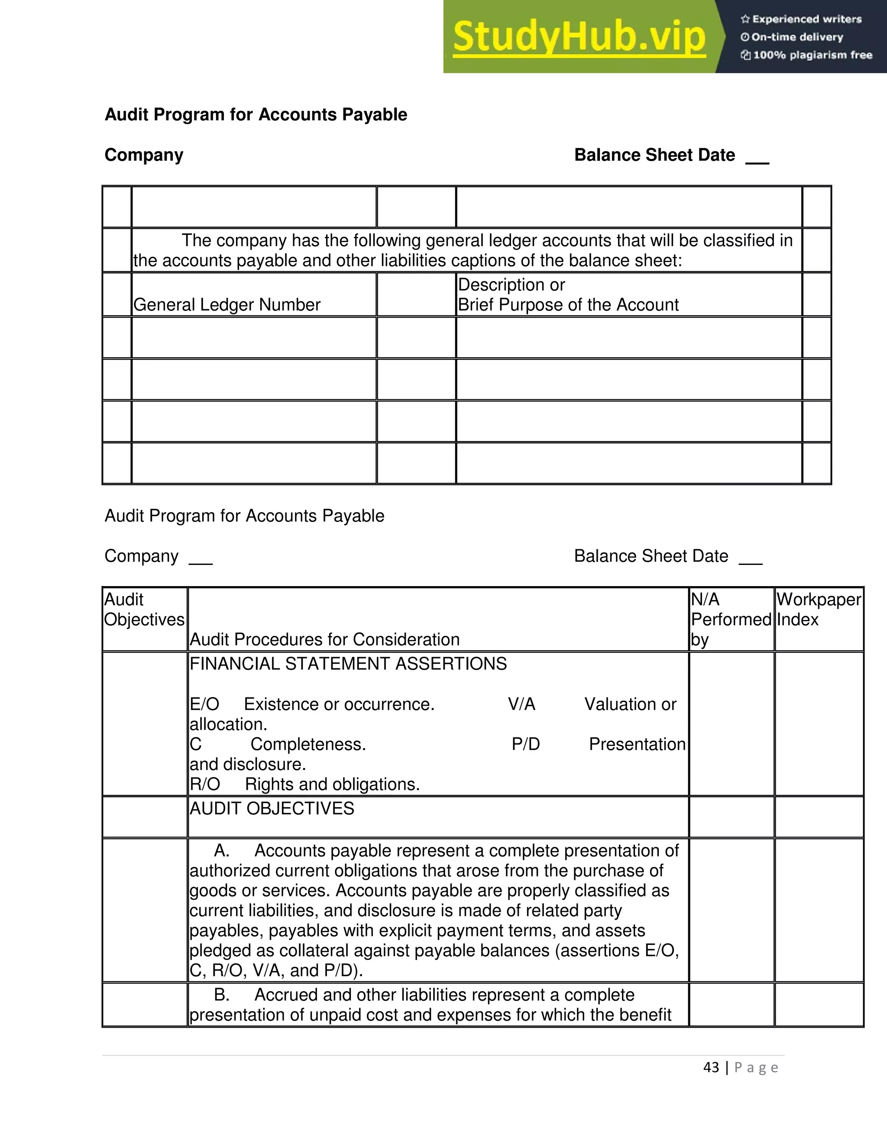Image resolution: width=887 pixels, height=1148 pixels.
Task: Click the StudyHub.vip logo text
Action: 579,37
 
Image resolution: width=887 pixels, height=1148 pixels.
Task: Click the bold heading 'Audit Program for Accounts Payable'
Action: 256,115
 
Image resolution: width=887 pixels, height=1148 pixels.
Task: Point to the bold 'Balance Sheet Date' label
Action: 654,155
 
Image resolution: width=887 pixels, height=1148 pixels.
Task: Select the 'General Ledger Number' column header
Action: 227,305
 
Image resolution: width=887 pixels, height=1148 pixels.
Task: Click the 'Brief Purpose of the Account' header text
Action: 568,305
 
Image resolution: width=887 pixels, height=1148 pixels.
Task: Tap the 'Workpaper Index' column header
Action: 818,609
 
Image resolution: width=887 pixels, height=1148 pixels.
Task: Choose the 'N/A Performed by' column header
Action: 730,619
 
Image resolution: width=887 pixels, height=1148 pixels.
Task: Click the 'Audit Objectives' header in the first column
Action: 144,609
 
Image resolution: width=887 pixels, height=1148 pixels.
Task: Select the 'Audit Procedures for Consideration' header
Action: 324,640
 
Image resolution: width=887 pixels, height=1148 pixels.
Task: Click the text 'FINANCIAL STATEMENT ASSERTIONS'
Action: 348,664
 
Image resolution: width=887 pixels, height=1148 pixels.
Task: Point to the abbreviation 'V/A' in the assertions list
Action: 521,704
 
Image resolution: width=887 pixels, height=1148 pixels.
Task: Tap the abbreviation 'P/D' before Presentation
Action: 525,744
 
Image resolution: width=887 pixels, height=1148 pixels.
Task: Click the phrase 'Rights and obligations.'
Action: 332,784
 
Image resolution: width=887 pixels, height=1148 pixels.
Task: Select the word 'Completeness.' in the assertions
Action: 308,744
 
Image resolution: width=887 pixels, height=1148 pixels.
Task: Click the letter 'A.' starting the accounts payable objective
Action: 221,850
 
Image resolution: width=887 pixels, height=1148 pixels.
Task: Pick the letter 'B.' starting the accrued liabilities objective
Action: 221,995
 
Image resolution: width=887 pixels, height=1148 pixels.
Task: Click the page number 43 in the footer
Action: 711,1067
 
